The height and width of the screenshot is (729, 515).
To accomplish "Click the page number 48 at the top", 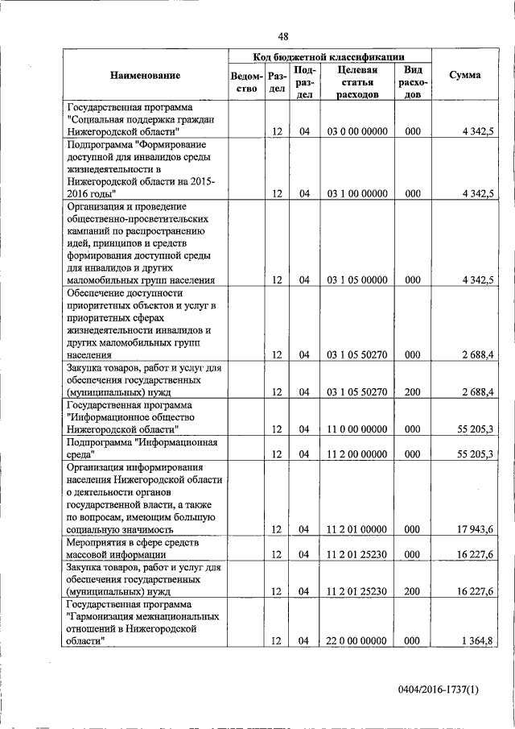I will pos(283,36).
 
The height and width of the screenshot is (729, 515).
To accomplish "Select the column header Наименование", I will pos(146,75).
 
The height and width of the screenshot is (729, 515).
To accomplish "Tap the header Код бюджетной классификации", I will pos(328,56).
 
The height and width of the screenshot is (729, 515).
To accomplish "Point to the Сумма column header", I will pos(465,75).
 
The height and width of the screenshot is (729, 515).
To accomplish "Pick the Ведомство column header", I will pos(245,82).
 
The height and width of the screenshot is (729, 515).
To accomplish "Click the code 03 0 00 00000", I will pos(358,130).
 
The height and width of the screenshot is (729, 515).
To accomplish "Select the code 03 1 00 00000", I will pos(358,193).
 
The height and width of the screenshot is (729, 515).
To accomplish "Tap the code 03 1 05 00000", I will pos(358,280).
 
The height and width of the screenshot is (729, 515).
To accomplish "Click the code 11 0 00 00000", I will pos(358,429).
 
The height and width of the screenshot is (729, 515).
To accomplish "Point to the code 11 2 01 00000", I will pos(358,529).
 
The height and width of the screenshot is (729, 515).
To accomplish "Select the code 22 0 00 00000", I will pos(358,640).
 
